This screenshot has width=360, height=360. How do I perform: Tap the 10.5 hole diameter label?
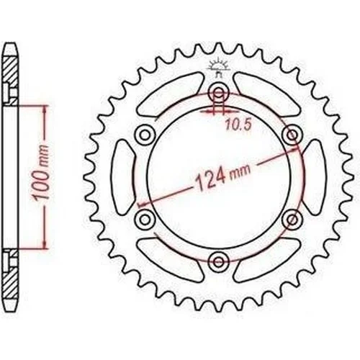(x=238, y=125)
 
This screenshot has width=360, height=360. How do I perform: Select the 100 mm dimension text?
(x=41, y=173)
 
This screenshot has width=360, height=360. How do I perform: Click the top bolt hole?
(x=218, y=92)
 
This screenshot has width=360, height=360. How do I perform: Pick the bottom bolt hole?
(x=218, y=261)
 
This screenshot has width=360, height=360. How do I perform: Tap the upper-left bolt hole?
(x=145, y=135)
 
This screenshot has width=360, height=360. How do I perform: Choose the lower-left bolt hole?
(x=145, y=219)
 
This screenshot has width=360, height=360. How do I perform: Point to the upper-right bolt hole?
(x=292, y=135)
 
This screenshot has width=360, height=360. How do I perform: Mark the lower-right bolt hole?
(x=292, y=219)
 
